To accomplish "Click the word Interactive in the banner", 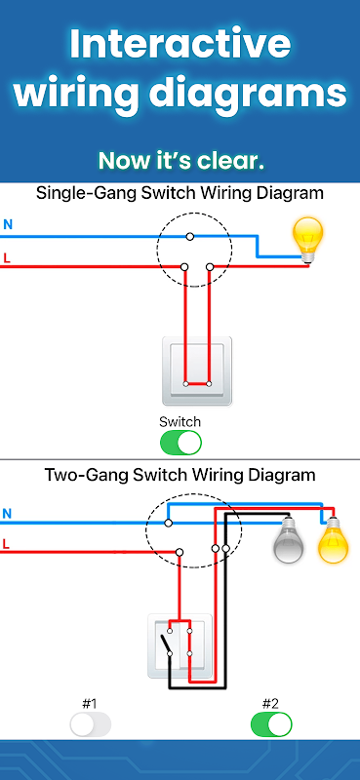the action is [x=180, y=44].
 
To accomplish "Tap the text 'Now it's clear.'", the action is [x=180, y=161].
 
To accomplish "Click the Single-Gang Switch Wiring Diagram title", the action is [x=180, y=192].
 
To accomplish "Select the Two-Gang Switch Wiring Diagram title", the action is [x=180, y=474].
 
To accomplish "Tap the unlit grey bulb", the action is [x=289, y=540].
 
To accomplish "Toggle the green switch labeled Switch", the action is [x=180, y=443].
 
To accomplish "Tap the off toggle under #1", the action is [x=90, y=724].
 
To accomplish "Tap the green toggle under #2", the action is [x=271, y=724].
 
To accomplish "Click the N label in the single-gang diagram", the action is [x=8, y=225].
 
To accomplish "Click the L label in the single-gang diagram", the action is [x=7, y=258].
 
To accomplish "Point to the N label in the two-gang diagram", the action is [x=7, y=514].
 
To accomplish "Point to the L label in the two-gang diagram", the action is [x=6, y=544].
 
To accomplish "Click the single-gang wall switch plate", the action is [x=197, y=371].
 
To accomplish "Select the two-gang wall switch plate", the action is [x=180, y=646].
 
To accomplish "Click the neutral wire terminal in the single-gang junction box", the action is [x=189, y=237].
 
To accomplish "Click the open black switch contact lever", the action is [x=165, y=644].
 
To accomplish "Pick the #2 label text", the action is [x=270, y=704].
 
